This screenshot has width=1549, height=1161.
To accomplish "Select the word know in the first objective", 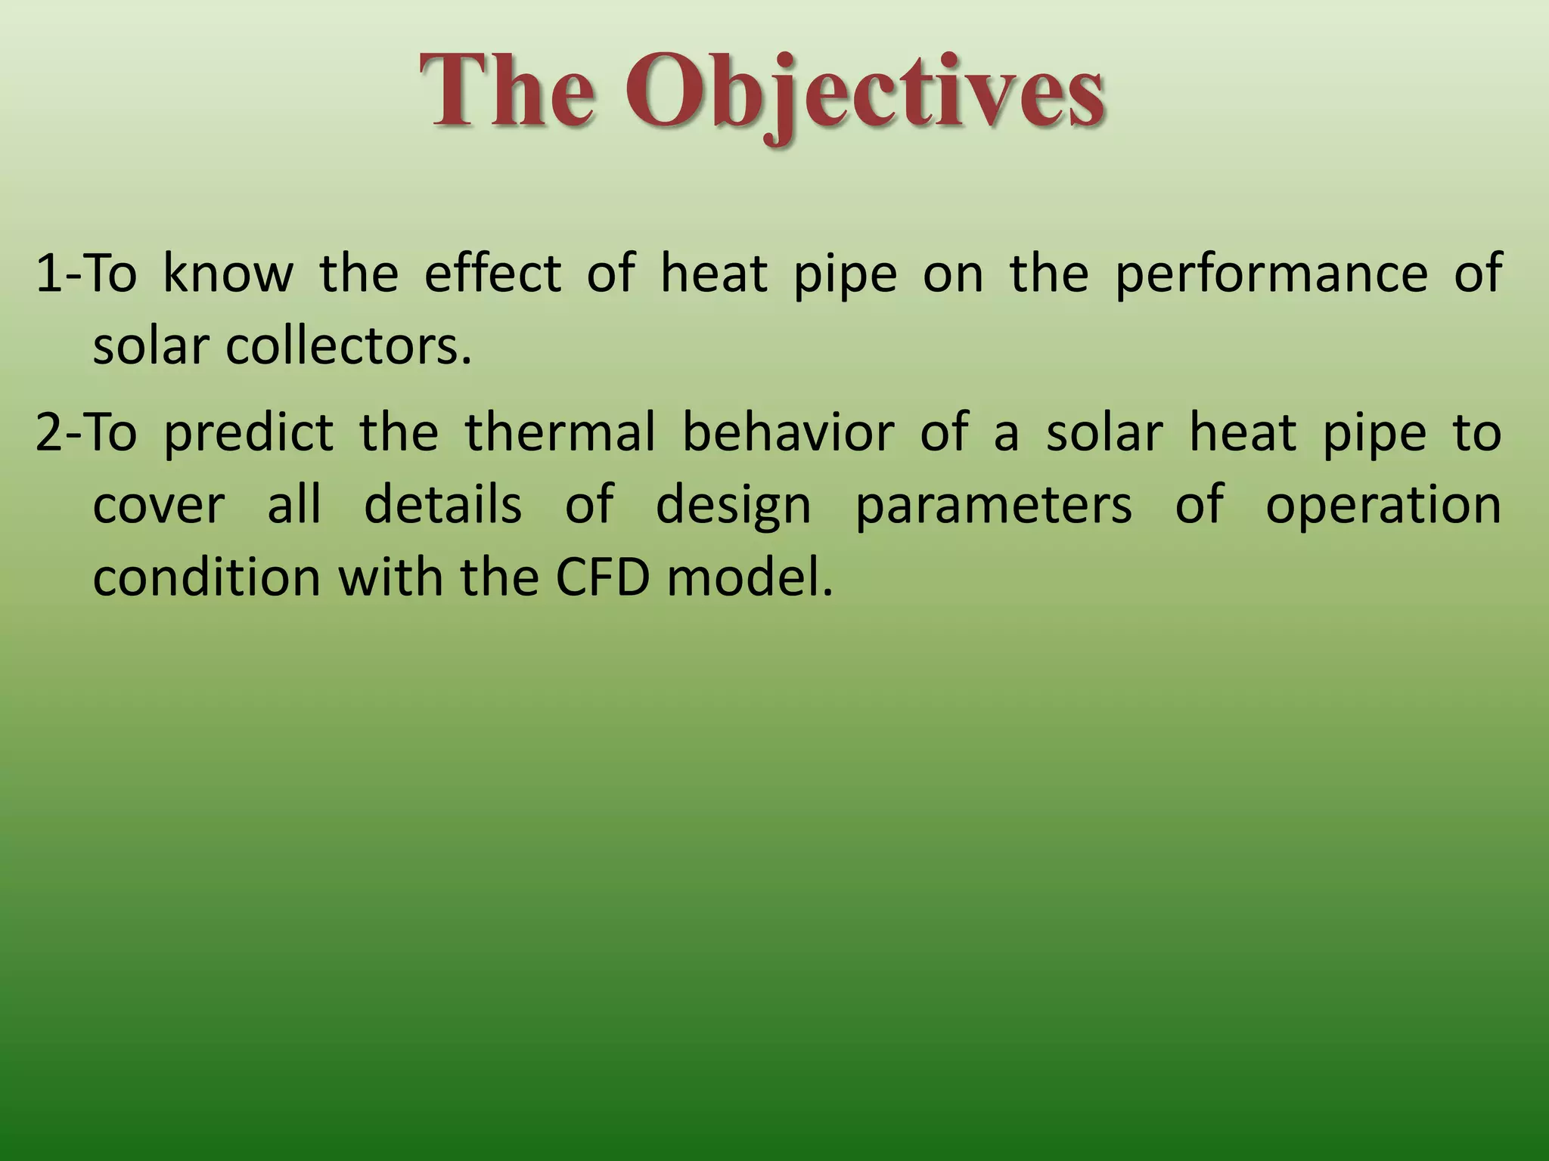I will (228, 273).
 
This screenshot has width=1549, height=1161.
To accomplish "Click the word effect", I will (492, 273).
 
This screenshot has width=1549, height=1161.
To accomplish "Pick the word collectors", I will (348, 346).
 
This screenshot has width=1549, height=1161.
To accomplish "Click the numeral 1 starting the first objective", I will (48, 273).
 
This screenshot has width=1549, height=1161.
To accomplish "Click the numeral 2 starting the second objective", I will (48, 432).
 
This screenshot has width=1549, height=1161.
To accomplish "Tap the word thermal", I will (560, 432).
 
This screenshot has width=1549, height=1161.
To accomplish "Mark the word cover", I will (159, 505).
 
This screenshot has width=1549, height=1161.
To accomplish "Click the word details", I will (443, 505).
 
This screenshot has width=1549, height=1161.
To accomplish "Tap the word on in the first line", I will (953, 274).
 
